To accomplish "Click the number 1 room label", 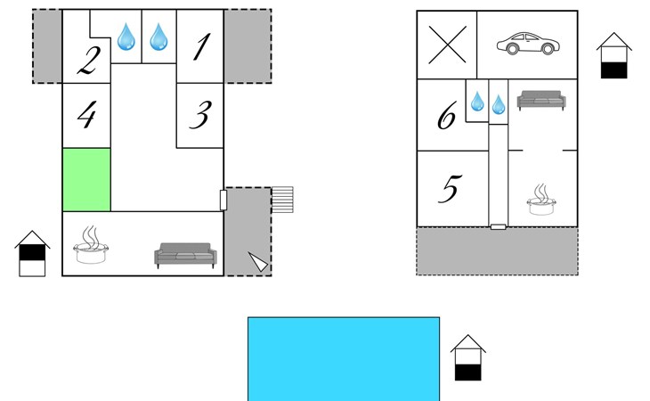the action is coord(202,47).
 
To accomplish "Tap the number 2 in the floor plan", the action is coord(89,61).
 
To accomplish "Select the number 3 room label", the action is coord(201,115).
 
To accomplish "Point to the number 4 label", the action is coord(87,115).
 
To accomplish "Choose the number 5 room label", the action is coord(450,189).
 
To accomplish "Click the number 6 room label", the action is coord(447,115).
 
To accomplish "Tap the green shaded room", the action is coord(86,179).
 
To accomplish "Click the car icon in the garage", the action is coord(528,43).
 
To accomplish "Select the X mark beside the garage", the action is coord(447,45).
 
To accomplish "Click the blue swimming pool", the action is coord(344,359).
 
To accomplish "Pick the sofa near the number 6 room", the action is coord(541,101).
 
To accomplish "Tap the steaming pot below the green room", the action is coord(91,245).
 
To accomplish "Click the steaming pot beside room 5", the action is coord(541,200).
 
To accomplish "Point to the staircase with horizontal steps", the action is coord(282,200).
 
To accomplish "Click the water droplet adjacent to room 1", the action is coord(158,37).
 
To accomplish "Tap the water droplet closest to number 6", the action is coord(477,102).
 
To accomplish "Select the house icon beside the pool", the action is coord(468,357).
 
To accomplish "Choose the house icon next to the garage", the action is coord(613,55).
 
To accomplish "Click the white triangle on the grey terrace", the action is coord(259,261).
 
